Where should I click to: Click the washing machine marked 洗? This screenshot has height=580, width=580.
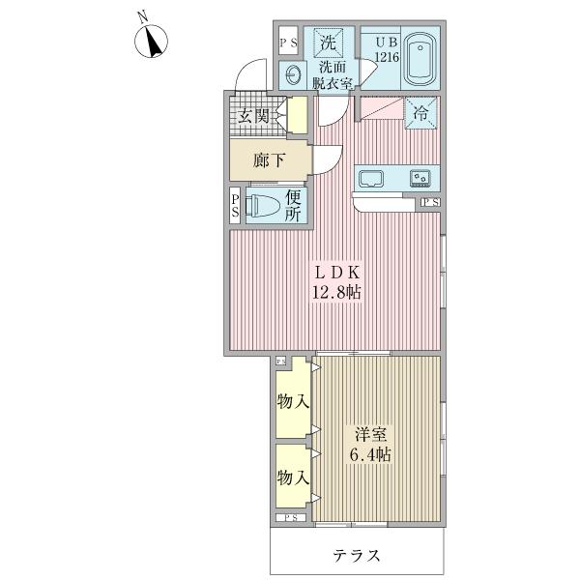(x=329, y=43)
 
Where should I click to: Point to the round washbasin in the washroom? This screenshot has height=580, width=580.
(x=292, y=75)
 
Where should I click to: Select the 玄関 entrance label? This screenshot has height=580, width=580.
(x=255, y=117)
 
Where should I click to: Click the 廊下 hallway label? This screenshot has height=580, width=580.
(x=270, y=160)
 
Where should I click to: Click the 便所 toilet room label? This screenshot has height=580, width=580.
(x=294, y=206)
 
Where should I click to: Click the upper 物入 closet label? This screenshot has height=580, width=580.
(x=292, y=401)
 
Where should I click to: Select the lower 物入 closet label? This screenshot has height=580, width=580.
(x=292, y=478)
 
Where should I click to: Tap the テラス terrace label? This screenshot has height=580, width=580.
(x=358, y=556)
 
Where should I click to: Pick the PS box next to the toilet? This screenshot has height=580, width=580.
(x=236, y=205)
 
